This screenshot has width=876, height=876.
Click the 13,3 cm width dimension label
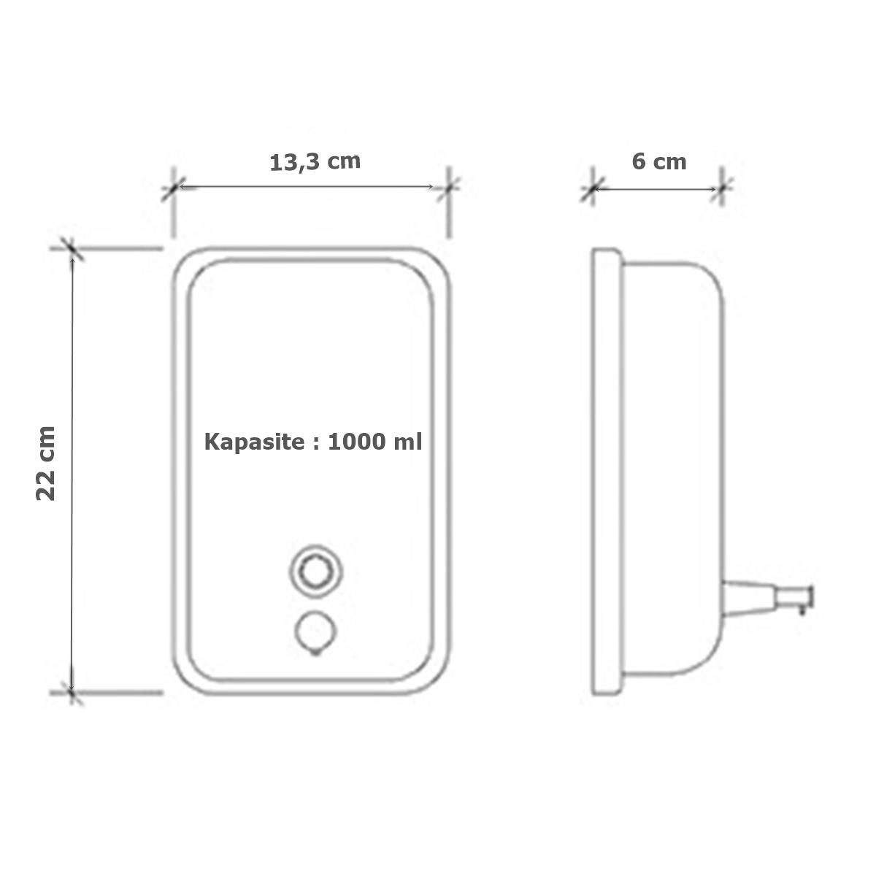[x=315, y=162]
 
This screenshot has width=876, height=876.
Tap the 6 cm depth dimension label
[x=658, y=162]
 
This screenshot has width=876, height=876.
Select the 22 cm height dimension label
[x=46, y=464]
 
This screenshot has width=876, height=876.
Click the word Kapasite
[x=254, y=442]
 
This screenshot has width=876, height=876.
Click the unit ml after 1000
[x=408, y=442]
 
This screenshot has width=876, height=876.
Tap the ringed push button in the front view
[x=315, y=572]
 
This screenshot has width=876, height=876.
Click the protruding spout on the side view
[x=767, y=599]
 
